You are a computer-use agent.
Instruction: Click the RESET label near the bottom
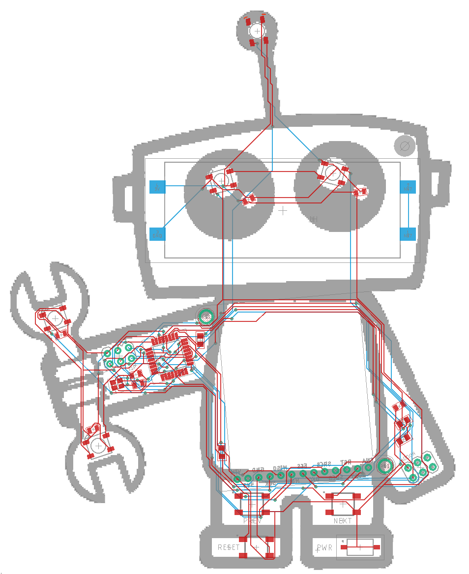click(229, 547)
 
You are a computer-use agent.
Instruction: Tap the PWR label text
click(324, 547)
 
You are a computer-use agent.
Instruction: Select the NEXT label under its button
click(343, 521)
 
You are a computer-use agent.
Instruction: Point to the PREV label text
click(253, 521)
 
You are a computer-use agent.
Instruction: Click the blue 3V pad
click(157, 187)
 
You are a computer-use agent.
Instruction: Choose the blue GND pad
click(157, 234)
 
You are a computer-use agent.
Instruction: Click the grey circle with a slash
click(405, 145)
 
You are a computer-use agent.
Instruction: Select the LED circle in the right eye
click(333, 173)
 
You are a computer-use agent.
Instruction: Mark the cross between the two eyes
click(283, 211)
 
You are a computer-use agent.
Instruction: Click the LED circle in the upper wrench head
click(56, 319)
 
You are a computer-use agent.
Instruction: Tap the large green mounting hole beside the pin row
click(384, 464)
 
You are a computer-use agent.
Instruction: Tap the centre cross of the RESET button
click(256, 547)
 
